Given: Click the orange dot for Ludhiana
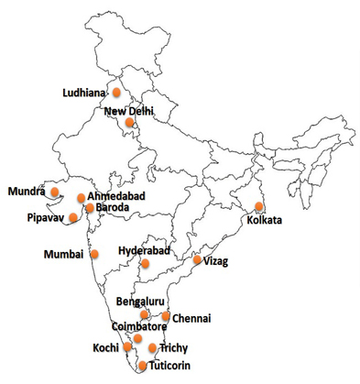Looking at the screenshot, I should pyautogui.click(x=116, y=92).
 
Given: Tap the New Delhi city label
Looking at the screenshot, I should pyautogui.click(x=129, y=111).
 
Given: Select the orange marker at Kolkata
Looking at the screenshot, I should pyautogui.click(x=259, y=206).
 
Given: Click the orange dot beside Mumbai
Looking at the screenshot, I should pyautogui.click(x=94, y=254).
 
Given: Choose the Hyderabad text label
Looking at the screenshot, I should pyautogui.click(x=145, y=250).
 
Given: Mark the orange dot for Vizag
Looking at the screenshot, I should pyautogui.click(x=197, y=260).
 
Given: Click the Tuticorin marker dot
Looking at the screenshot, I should pyautogui.click(x=142, y=366).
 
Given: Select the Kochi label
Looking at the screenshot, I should pyautogui.click(x=105, y=349).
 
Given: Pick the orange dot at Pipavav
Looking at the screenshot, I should pyautogui.click(x=73, y=218).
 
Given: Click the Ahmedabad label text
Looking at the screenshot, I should pyautogui.click(x=117, y=196).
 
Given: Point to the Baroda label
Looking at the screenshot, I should pyautogui.click(x=113, y=208).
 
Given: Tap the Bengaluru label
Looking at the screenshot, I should pyautogui.click(x=140, y=302).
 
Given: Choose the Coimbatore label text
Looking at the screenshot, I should pyautogui.click(x=137, y=325).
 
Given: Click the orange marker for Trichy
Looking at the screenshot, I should pyautogui.click(x=152, y=348).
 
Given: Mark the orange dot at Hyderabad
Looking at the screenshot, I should pyautogui.click(x=143, y=264).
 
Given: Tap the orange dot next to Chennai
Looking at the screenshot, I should pyautogui.click(x=166, y=316).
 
